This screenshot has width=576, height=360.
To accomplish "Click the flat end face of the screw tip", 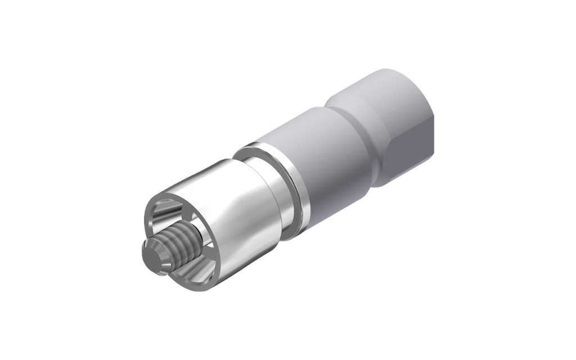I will pyautogui.click(x=151, y=255).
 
